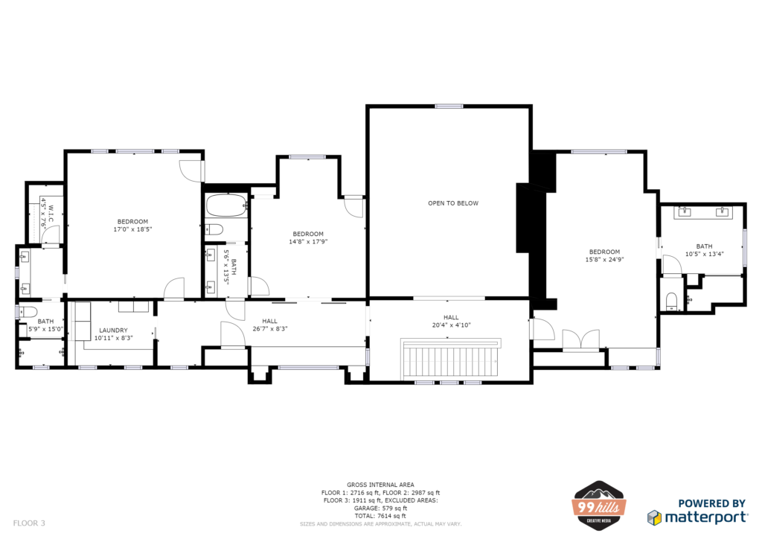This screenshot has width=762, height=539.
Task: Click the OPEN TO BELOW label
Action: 453,203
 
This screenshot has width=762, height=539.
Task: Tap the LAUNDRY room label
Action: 113,330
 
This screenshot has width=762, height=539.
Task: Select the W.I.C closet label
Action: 51,214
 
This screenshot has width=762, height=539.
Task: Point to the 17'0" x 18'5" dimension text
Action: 132,229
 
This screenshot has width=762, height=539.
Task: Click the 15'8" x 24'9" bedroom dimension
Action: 604,260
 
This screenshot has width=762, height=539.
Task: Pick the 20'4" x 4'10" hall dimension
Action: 452,325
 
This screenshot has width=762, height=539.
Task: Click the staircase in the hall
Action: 452,358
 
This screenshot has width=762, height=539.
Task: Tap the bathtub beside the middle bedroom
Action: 226,205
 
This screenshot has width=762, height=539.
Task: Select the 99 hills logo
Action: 599,505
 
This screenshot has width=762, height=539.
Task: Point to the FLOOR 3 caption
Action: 29,523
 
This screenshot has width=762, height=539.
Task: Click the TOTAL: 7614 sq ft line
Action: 380,516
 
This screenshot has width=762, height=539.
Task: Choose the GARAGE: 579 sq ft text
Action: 380,508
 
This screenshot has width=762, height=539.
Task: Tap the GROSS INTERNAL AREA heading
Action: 380,485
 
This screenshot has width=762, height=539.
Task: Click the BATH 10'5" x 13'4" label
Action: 704,250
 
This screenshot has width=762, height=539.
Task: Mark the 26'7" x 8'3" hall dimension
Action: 269,328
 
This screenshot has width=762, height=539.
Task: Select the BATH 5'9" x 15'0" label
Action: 45,325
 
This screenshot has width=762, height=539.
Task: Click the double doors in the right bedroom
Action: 580,339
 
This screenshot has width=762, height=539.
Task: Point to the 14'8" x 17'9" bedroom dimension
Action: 308,241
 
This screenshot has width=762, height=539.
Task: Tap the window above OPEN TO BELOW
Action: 449,106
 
